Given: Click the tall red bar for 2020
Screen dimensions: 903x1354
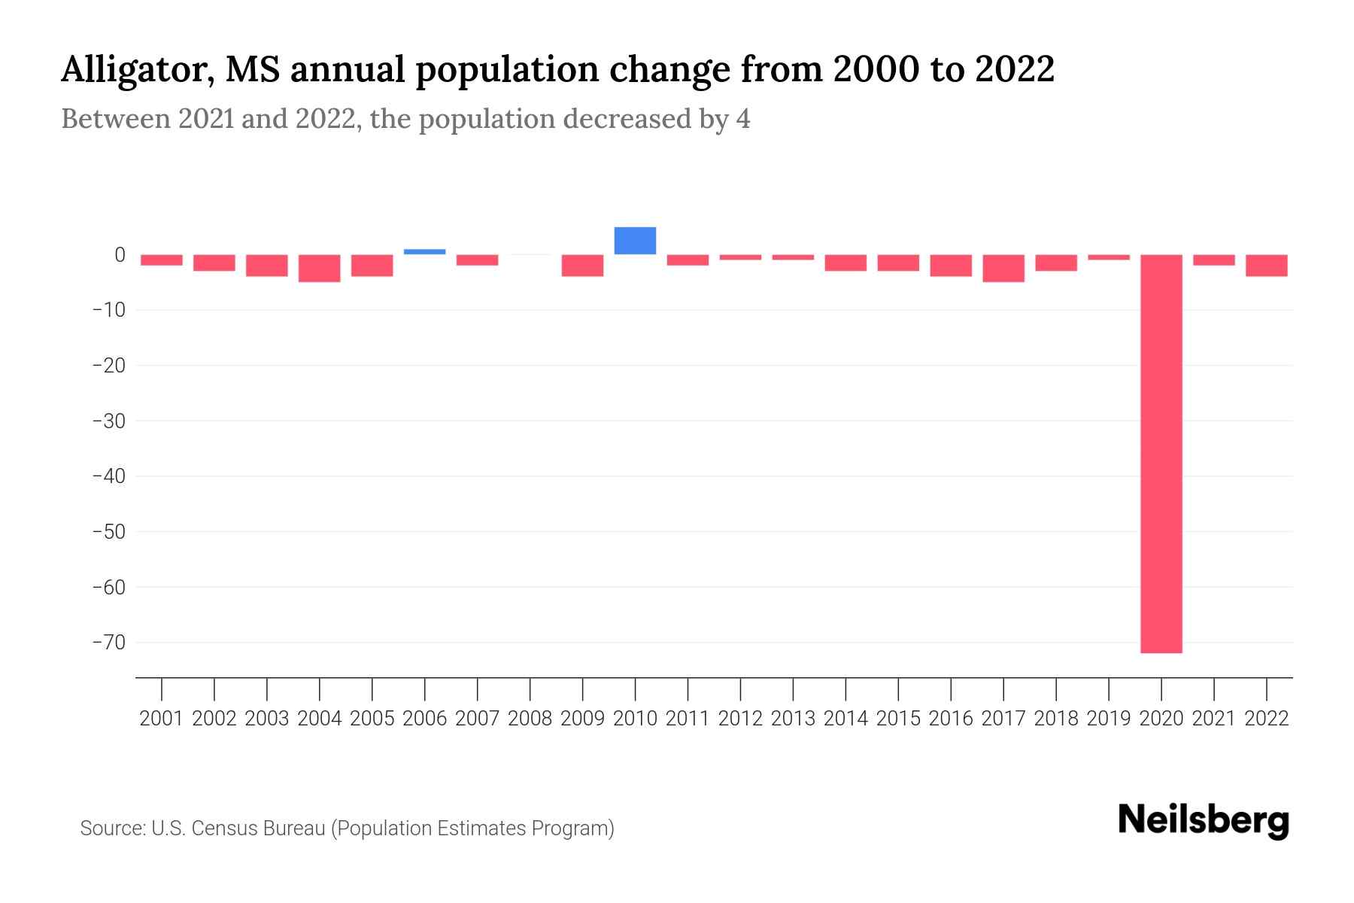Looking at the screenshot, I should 1161,453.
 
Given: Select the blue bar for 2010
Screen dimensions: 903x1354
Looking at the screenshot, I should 635,241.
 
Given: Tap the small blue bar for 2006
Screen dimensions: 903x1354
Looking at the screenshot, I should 424,251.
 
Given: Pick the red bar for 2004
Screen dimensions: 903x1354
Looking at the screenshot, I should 320,268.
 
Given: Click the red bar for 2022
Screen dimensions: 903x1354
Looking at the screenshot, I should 1267,266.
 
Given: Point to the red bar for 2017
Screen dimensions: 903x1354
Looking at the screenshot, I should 1003,268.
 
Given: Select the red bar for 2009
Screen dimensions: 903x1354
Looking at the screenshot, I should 583,266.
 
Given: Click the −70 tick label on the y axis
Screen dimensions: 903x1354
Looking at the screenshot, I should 108,642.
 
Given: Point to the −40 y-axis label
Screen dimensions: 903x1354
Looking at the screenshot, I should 108,476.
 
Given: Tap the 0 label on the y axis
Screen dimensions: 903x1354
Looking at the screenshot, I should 120,255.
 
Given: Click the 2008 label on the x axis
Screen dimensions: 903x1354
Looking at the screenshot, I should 530,719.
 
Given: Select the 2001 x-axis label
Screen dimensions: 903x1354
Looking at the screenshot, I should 162,719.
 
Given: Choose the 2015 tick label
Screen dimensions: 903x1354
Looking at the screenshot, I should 898,719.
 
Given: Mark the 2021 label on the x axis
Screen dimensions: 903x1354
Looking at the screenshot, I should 1214,719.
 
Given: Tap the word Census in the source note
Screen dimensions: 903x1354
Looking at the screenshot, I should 224,829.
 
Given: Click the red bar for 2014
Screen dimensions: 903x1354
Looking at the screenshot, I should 845,263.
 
